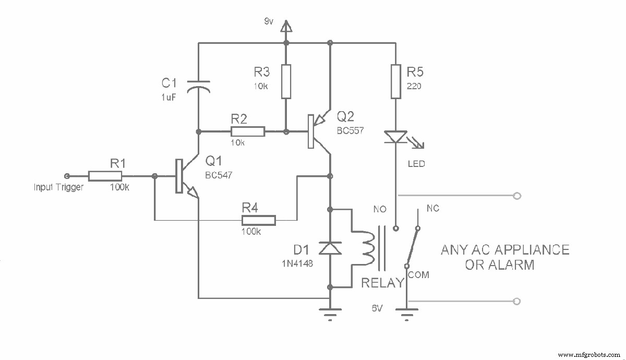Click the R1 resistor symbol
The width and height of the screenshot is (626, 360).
click(105, 176)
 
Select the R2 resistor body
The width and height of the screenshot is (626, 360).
click(248, 131)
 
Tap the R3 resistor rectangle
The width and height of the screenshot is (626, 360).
click(286, 81)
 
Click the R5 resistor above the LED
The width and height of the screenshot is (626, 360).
click(396, 81)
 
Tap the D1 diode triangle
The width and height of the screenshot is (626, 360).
click(330, 249)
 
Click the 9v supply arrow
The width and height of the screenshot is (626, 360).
click(286, 26)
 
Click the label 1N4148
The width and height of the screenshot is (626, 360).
click(296, 264)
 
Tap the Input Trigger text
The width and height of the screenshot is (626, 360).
click(58, 187)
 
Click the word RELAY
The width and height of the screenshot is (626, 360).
click(383, 283)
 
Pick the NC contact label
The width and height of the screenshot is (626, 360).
click(432, 208)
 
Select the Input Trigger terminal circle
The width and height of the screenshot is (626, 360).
click(66, 176)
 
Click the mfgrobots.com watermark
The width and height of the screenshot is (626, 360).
click(589, 354)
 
